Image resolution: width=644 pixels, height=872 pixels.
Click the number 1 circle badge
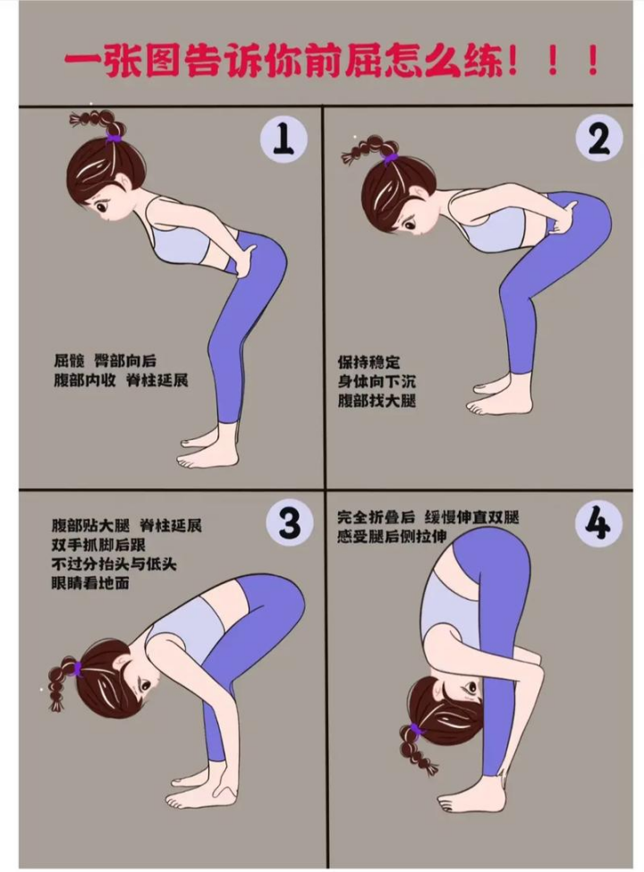pos(284,138)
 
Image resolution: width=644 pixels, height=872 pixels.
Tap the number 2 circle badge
pos(599,139)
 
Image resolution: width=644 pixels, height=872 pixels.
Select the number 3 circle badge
pos(290,523)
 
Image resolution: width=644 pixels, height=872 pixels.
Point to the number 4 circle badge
pos(599,523)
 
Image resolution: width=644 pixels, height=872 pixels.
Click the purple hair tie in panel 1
pos(114,137)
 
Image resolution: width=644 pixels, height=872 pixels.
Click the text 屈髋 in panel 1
pos(69,361)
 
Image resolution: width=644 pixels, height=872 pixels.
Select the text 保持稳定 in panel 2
pos(369,362)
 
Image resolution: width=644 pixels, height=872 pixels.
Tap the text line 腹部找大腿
pos(377,401)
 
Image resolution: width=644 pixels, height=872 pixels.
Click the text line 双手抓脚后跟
pos(106,544)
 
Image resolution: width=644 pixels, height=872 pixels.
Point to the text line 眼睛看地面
pos(90,583)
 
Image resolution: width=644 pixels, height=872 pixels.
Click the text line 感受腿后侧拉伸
pos(392,536)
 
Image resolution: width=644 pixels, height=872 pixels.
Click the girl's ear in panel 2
pos(419,193)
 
